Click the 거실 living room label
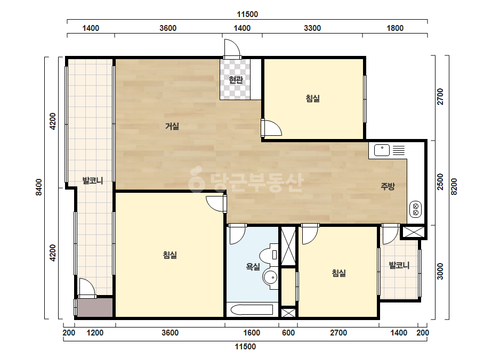pos(172,126)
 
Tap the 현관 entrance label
pos(236,80)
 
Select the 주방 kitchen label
pos(388,186)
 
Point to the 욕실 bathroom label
pos(253,267)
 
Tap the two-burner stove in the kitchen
pos(416,209)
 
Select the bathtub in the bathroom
pos(252,310)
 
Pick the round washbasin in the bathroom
pos(271,277)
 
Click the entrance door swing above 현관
pos(232,49)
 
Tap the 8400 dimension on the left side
pos(39,187)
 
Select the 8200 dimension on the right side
pos(454,186)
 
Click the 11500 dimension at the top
pos(247,14)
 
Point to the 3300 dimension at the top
pos(312,28)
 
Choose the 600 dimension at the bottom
pos(288,333)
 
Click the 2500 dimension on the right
pos(440,182)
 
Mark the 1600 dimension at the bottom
pos(252,333)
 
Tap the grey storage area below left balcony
pos(95,307)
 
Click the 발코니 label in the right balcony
pos(399,266)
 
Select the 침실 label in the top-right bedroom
pos(312,99)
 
